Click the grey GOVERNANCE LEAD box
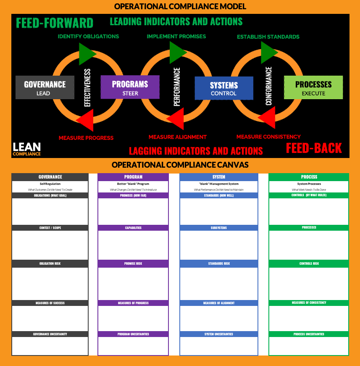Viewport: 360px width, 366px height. (x=45, y=87)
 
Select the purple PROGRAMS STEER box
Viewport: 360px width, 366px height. (x=130, y=87)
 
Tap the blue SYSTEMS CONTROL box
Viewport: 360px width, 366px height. (x=224, y=88)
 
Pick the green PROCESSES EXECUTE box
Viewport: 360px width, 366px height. (x=313, y=87)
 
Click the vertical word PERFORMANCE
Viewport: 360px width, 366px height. (x=177, y=87)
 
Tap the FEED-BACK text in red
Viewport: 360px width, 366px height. (x=314, y=148)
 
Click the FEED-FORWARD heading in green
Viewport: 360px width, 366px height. (x=55, y=23)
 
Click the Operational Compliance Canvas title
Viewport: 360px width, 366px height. (x=180, y=165)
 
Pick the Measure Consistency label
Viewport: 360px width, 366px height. (x=268, y=137)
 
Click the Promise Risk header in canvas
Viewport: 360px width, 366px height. (x=133, y=264)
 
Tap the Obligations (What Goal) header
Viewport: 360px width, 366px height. (x=50, y=195)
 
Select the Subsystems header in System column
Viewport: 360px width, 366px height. (x=219, y=228)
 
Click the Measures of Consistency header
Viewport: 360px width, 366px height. (x=309, y=303)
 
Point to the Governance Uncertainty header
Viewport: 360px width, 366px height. (x=50, y=334)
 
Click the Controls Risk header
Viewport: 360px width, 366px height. (x=309, y=264)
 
